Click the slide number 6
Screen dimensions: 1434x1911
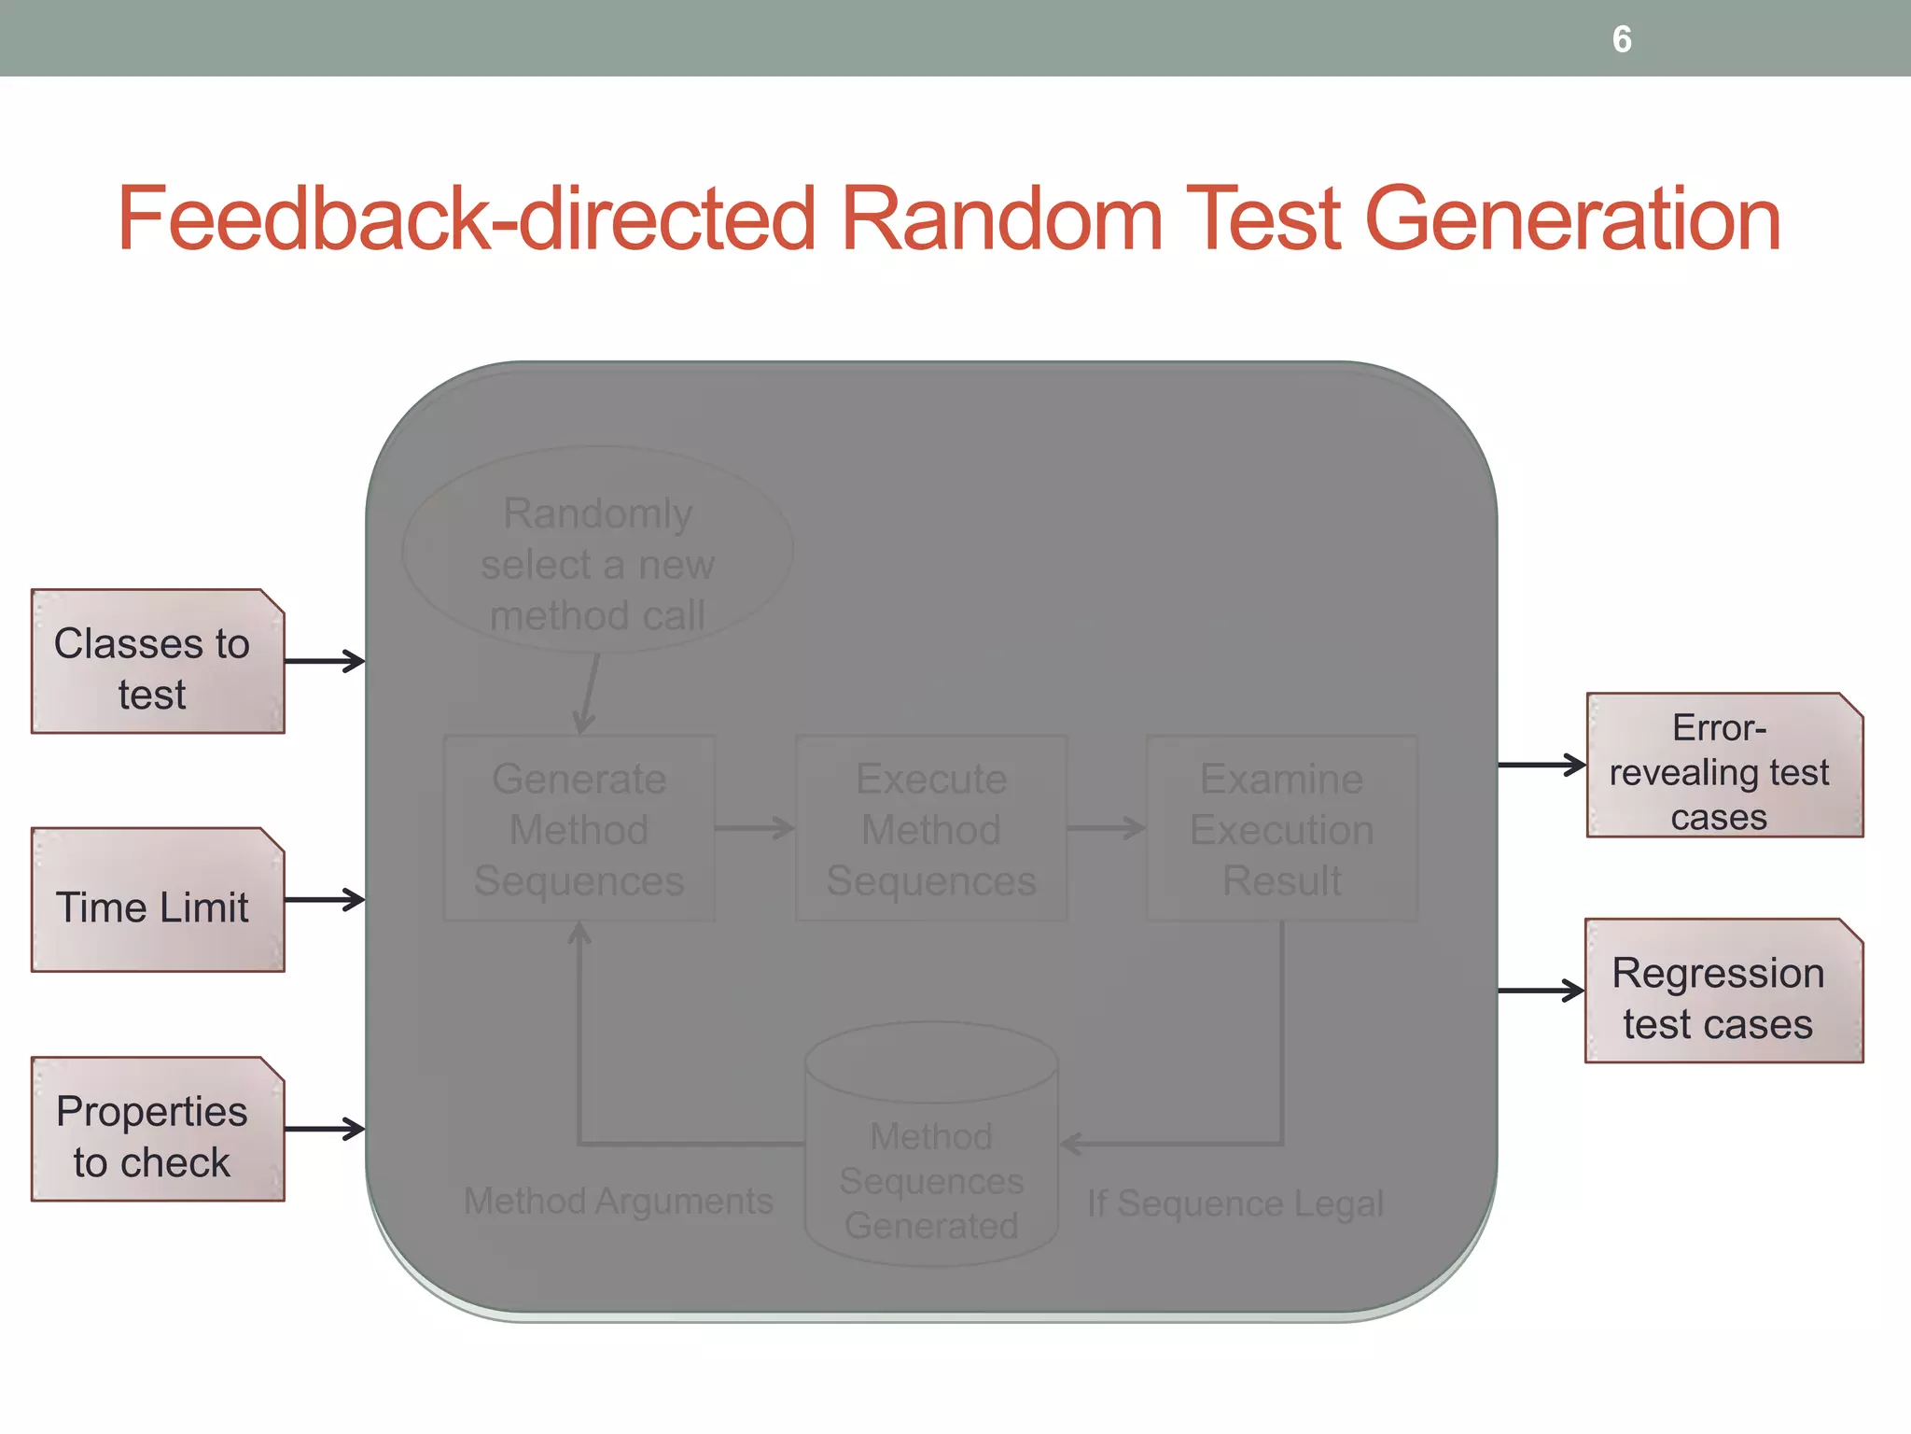[x=1622, y=39]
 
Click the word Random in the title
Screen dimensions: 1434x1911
[x=1002, y=218]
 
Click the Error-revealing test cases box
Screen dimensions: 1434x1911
[x=1723, y=766]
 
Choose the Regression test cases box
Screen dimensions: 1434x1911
[x=1723, y=991]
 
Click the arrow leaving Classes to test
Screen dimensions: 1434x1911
[x=324, y=662]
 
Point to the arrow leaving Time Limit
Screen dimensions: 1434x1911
[x=324, y=900]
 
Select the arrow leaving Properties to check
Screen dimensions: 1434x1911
[x=324, y=1129]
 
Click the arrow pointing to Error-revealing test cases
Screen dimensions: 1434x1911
[x=1541, y=766]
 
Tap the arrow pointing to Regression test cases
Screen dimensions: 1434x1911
[x=1541, y=991]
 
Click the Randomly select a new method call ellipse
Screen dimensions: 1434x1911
[x=597, y=551]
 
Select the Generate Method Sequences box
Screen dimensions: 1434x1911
[x=579, y=829]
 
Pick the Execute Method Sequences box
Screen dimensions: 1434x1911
[x=931, y=829]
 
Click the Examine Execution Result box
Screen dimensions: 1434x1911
[x=1282, y=829]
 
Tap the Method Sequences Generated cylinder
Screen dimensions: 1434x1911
[x=931, y=1158]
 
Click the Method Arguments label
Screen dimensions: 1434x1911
[x=619, y=1202]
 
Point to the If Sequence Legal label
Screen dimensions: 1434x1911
[x=1234, y=1204]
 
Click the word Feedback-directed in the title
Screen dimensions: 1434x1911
[x=467, y=218]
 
